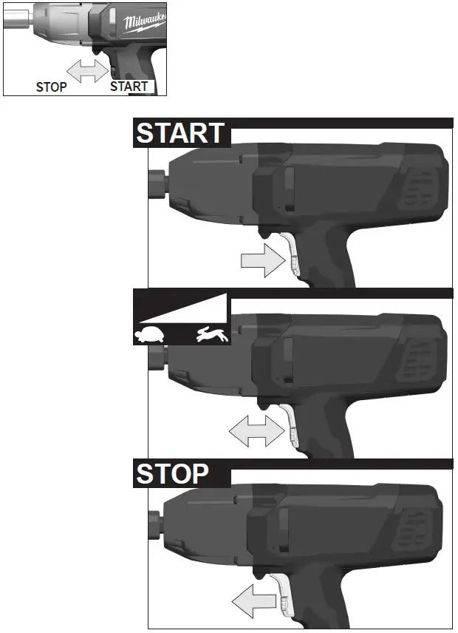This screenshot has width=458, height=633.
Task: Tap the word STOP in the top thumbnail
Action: [x=52, y=87]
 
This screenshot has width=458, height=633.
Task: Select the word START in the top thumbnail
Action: [x=129, y=87]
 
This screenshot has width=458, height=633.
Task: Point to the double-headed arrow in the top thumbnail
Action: [x=87, y=72]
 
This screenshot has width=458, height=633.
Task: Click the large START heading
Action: [x=180, y=133]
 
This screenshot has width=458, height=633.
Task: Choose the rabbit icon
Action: [x=213, y=336]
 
